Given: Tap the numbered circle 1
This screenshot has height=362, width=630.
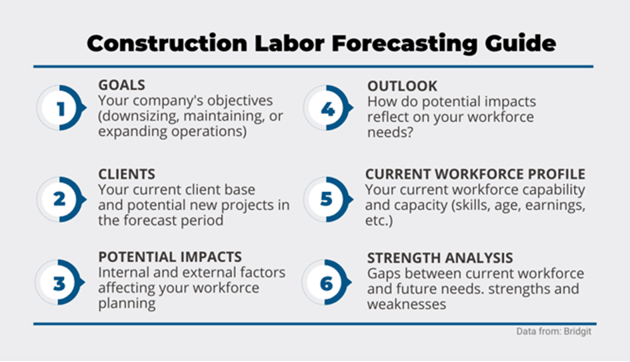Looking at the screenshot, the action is point(61,108).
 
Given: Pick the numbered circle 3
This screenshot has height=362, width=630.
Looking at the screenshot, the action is point(60,283).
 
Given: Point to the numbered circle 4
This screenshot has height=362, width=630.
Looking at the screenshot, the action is point(328,108).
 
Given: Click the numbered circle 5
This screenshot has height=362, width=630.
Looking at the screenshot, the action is point(328,199).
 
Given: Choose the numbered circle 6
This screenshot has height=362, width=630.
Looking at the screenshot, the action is point(327,283).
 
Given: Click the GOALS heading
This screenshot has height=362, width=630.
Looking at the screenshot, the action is point(122,85).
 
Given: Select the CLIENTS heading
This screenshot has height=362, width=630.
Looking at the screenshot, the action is point(127,175).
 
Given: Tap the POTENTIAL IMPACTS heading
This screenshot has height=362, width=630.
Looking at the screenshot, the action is point(170,257).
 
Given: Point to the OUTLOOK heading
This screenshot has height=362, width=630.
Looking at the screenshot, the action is point(402,87).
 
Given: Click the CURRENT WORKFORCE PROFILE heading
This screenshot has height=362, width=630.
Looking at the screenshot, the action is point(475,175).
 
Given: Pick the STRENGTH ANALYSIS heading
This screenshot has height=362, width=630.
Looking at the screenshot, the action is point(440,258).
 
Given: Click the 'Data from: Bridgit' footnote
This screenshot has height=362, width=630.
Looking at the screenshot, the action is point(553,331).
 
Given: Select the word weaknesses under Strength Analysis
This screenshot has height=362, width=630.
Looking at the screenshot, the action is point(407,305).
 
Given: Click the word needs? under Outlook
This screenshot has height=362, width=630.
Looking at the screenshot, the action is point(390,133).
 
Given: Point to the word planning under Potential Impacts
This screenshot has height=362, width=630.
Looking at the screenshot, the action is point(127,304).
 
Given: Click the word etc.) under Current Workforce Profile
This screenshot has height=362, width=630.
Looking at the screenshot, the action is point(379,221).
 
